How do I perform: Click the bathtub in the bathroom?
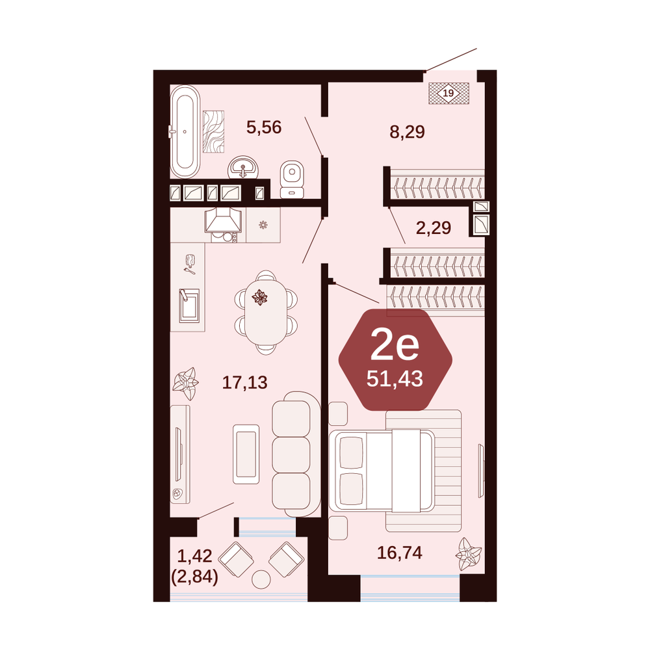coord(185,132)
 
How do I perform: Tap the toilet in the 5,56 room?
coord(292,179)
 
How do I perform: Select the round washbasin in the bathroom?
coord(242,168)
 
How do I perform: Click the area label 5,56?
coord(264,127)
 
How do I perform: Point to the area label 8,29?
coord(407,132)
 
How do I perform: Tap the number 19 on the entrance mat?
coord(448,93)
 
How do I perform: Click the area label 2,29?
coord(434,227)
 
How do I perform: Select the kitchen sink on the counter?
coord(189,305)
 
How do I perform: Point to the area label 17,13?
coord(245,382)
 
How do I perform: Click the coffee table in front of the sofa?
coord(246,454)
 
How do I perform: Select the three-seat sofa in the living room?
coord(296,454)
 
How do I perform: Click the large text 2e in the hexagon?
coord(395,344)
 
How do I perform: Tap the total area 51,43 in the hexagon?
coord(395,378)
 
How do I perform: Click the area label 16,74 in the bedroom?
coord(400,552)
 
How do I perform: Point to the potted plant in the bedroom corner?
coord(469,554)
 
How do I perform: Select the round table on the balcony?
coord(261,579)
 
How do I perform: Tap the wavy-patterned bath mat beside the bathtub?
coord(213,132)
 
